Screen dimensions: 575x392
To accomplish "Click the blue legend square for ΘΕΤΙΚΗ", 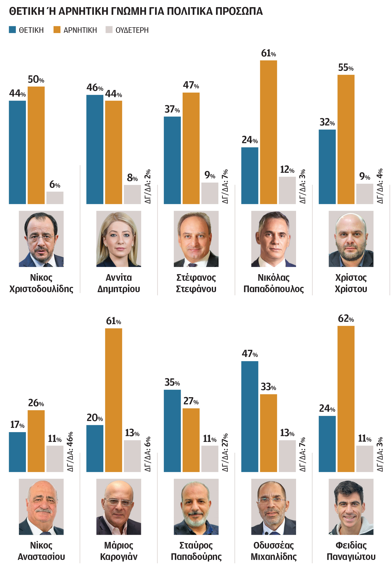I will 12,30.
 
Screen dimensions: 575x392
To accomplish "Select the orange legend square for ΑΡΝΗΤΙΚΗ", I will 57,30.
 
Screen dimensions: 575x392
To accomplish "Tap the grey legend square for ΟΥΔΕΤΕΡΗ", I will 109,30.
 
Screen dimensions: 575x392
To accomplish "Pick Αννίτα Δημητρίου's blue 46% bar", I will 95,149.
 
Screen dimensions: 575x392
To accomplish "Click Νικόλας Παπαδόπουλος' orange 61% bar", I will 268,132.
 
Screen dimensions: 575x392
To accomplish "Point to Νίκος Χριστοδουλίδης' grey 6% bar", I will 55,198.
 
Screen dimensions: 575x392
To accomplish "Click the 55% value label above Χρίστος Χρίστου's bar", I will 346,68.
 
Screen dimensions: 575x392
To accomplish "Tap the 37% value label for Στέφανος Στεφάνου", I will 172,109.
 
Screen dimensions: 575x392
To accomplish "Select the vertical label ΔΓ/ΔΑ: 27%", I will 225,452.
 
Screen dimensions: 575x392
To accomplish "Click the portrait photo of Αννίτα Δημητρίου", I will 118,239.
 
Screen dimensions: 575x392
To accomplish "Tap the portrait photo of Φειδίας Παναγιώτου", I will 351,506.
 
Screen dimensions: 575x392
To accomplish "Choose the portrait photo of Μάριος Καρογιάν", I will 118,506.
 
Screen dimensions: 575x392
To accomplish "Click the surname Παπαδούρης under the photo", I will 196,556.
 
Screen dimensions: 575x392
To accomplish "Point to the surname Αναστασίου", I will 41,556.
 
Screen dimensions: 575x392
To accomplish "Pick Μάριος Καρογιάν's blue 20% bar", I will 95,448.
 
